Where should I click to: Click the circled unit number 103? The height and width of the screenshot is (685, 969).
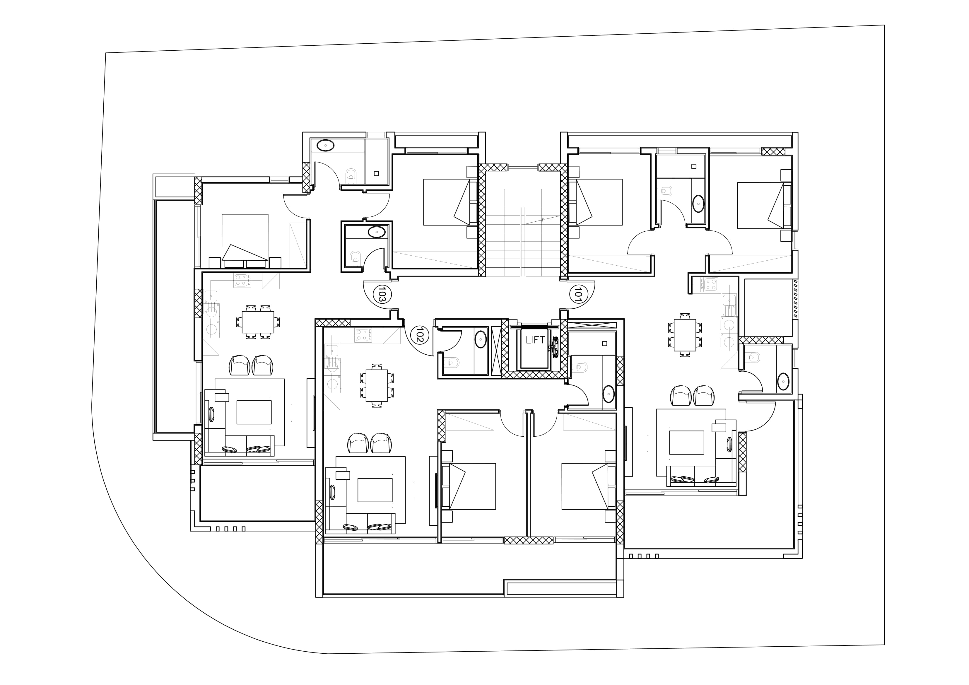point(382,293)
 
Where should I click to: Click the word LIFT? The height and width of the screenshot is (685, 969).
point(535,340)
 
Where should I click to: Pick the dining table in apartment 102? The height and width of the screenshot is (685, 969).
point(377,386)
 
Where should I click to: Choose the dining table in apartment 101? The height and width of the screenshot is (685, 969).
point(685,335)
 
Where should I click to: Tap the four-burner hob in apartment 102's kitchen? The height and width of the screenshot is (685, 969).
point(362,335)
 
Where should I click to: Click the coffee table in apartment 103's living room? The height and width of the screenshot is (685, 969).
point(254,412)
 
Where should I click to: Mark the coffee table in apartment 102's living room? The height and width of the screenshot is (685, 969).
point(375,490)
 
